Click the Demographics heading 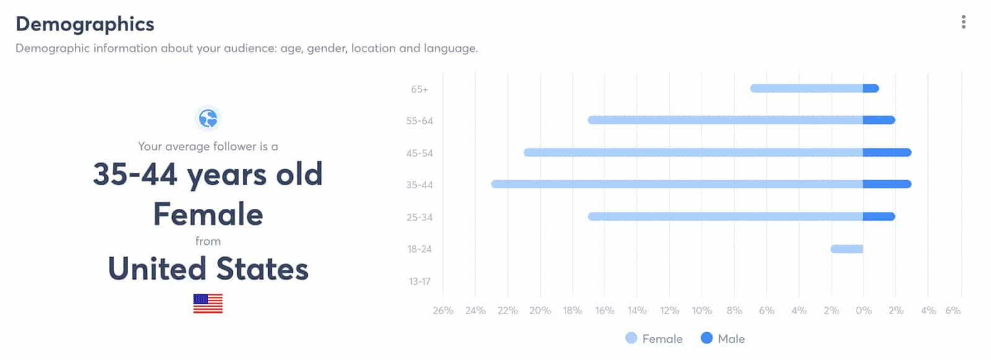click(85, 25)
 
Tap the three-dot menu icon click(964, 22)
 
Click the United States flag click(208, 304)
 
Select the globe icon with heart click(208, 118)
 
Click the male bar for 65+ click(871, 89)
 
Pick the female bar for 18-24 click(847, 249)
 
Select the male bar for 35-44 click(887, 184)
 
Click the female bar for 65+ click(806, 89)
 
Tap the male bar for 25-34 click(879, 216)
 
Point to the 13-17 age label click(419, 281)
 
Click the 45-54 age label click(419, 153)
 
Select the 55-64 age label click(419, 121)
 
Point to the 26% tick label click(443, 310)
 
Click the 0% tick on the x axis click(863, 310)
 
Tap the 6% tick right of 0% click(953, 310)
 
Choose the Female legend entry click(654, 339)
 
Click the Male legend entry click(723, 339)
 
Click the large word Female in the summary click(208, 214)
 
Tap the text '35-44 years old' click(208, 175)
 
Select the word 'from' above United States click(208, 241)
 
